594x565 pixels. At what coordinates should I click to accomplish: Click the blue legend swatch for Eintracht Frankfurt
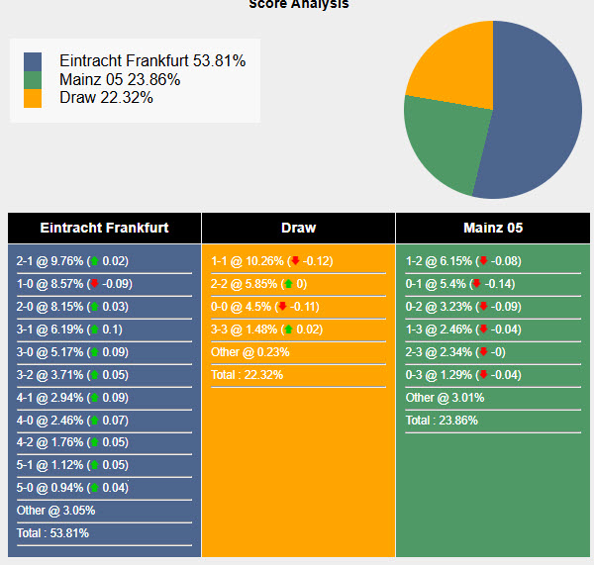click(33, 61)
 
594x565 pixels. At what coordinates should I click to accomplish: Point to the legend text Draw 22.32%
click(106, 97)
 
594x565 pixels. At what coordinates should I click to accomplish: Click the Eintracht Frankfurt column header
click(104, 228)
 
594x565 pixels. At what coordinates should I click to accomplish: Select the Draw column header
click(298, 228)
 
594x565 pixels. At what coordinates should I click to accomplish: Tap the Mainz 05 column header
click(493, 228)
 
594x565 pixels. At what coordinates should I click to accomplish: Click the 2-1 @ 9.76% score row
click(72, 261)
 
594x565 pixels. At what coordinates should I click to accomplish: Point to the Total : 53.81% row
click(52, 533)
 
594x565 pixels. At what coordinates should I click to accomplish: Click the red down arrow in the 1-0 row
click(94, 284)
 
